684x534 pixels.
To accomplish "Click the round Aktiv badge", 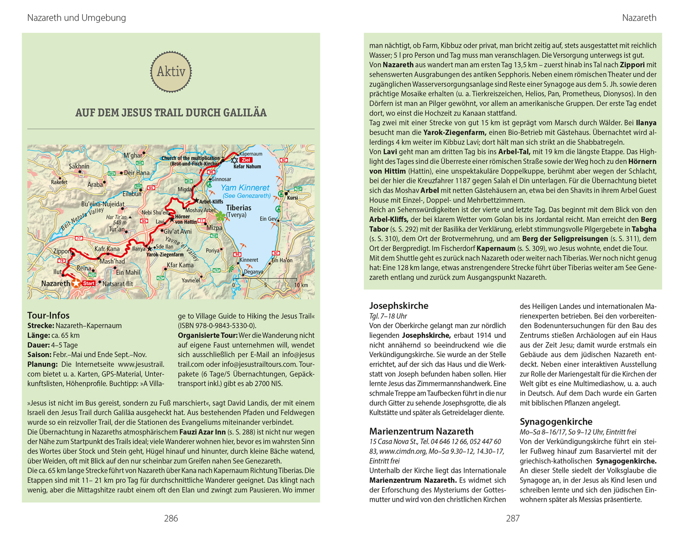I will pyautogui.click(x=171, y=72).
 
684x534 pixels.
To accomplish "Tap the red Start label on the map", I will pyautogui.click(x=89, y=283).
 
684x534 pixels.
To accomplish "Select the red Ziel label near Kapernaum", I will pyautogui.click(x=246, y=160).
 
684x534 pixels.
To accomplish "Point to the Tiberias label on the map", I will pyautogui.click(x=238, y=208).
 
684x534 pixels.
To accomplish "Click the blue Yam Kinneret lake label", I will pyautogui.click(x=245, y=188).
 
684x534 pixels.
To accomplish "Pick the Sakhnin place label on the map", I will pyautogui.click(x=79, y=166).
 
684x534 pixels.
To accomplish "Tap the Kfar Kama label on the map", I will pyautogui.click(x=180, y=265).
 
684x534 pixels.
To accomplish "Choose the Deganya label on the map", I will pyautogui.click(x=254, y=272).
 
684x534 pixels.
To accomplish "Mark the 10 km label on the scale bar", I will pyautogui.click(x=301, y=285).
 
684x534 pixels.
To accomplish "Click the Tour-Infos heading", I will pyautogui.click(x=48, y=315).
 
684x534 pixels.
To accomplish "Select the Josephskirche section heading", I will pyautogui.click(x=399, y=306).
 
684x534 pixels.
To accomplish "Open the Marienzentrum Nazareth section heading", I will pyautogui.click(x=421, y=431).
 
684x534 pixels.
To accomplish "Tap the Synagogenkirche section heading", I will pyautogui.click(x=556, y=422).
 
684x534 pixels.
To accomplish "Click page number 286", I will pyautogui.click(x=171, y=518).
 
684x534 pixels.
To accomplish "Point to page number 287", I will pyautogui.click(x=513, y=518).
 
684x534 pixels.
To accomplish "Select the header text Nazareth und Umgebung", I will pyautogui.click(x=77, y=18).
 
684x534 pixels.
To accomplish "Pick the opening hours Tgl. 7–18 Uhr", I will pyautogui.click(x=388, y=316).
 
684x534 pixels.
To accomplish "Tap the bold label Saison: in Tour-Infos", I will pyautogui.click(x=39, y=355).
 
